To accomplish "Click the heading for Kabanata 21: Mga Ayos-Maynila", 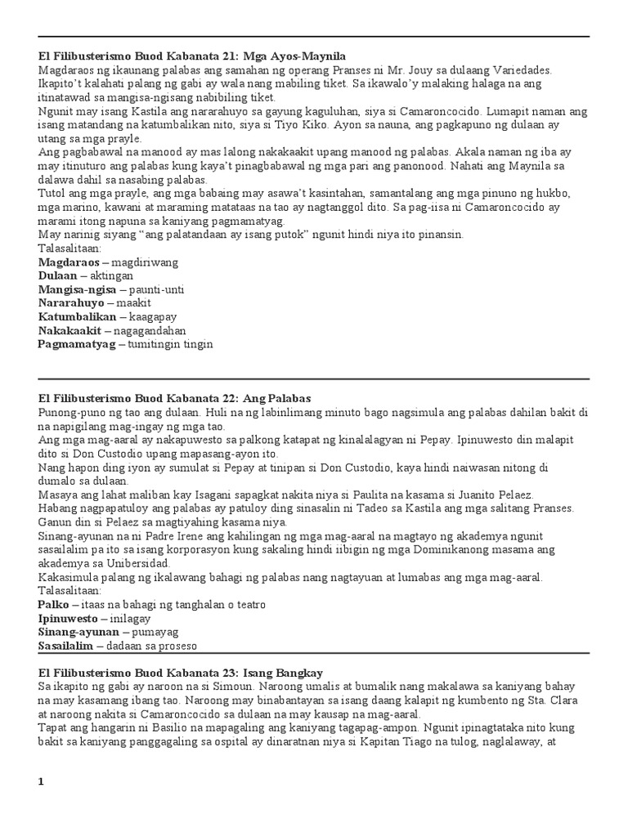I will tap(192, 56).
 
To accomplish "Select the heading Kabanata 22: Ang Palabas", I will tap(174, 398).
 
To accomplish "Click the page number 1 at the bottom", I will tap(42, 781).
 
